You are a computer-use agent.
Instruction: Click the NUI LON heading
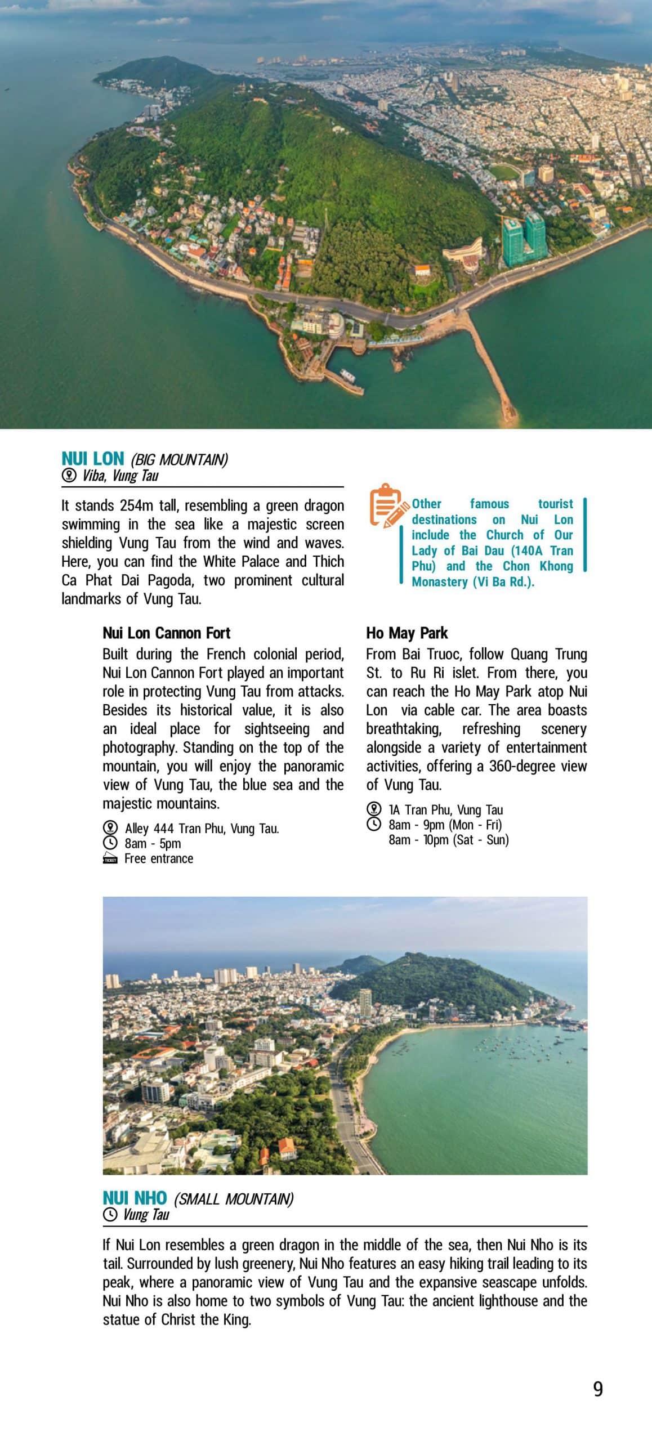point(92,458)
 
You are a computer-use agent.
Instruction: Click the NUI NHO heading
point(135,1197)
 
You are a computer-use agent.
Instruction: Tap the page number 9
point(598,1389)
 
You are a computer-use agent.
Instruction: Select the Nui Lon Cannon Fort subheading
point(166,633)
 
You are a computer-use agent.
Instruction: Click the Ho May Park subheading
point(407,633)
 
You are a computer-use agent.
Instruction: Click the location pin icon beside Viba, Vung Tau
point(69,476)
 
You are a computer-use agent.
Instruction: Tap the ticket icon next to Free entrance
point(110,858)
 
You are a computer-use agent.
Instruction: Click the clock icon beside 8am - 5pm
point(110,843)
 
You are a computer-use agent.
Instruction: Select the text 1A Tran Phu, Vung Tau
point(445,809)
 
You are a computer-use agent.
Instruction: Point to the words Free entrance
point(159,858)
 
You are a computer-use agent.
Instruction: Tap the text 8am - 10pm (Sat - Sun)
point(448,840)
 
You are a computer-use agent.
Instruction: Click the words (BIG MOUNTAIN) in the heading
point(179,460)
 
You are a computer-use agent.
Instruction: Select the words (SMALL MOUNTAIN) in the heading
point(233,1199)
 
